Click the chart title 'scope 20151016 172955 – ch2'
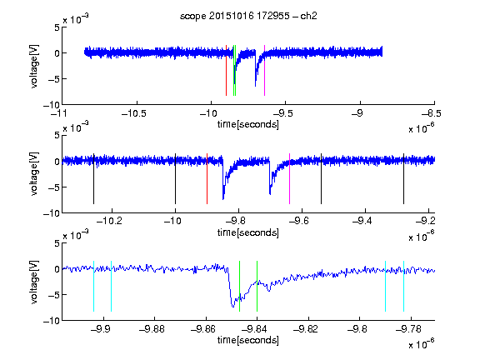(248, 16)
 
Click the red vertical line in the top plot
(226, 70)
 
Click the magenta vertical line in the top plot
(264, 70)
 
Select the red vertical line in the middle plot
(207, 178)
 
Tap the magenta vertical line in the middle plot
(289, 178)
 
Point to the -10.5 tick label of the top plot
(134, 113)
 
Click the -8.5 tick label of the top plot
(432, 113)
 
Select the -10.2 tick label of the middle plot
(110, 221)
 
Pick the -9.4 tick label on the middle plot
(362, 221)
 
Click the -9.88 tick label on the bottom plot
(152, 329)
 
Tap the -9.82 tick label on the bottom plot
(306, 329)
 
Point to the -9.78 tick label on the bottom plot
(408, 329)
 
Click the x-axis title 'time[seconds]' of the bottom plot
(248, 340)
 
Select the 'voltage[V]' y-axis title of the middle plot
(35, 174)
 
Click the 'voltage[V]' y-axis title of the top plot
(35, 67)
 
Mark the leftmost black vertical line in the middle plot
(93, 178)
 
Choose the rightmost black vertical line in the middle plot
(403, 178)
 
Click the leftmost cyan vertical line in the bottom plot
(93, 286)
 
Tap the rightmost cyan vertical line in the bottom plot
(403, 286)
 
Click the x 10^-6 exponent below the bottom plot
(422, 343)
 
